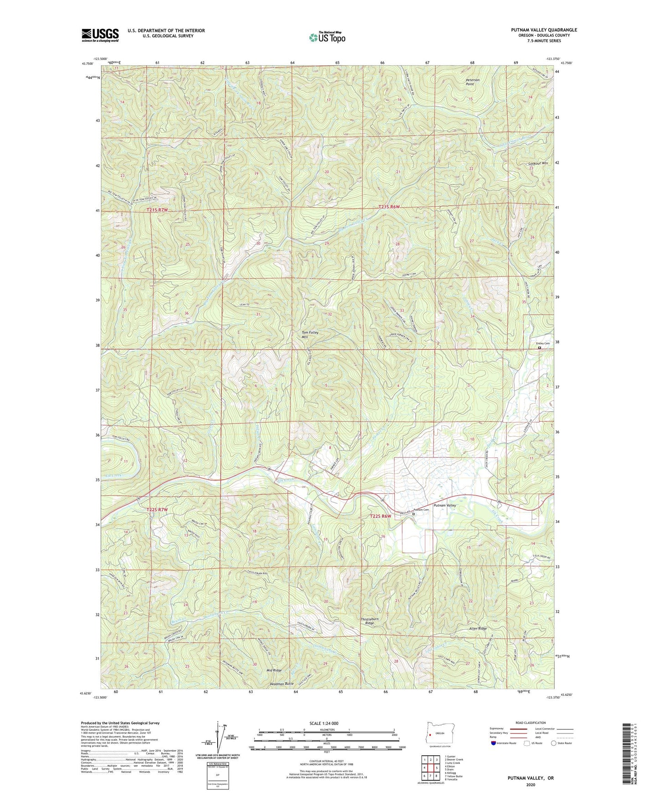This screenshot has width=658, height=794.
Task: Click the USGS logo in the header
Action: [100, 35]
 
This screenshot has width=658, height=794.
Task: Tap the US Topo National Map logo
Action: [327, 37]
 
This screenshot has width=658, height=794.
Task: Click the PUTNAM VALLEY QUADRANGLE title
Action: [544, 30]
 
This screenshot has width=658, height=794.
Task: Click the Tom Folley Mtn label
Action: [310, 335]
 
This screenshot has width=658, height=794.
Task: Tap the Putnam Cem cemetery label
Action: [421, 510]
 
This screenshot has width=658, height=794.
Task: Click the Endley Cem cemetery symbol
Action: [540, 348]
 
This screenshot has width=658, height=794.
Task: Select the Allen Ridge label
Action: [478, 628]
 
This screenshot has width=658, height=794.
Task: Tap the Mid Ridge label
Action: [274, 670]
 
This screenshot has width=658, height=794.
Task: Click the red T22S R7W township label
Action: [158, 510]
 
